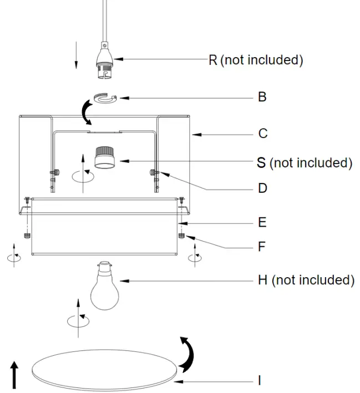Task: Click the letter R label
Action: (213, 60)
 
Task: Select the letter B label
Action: (262, 97)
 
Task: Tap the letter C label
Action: (263, 134)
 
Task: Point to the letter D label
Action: (262, 188)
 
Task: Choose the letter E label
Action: (262, 223)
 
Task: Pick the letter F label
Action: (262, 247)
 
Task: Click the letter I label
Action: (259, 381)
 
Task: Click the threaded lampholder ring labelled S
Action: (103, 157)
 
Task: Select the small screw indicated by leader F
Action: (182, 236)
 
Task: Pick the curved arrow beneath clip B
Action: (85, 113)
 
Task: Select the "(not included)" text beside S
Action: (311, 163)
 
